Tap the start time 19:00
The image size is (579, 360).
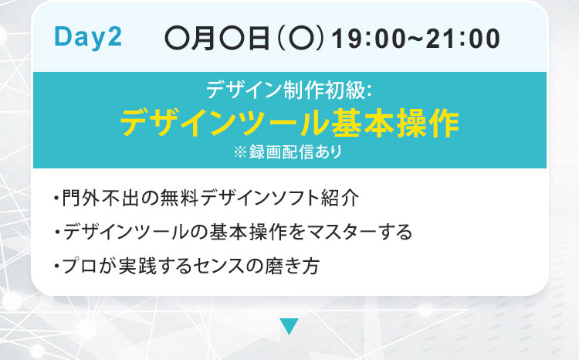(368, 39)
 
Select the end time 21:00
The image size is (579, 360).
(462, 39)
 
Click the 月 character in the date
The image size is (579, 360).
(203, 39)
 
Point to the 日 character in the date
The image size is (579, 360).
(259, 39)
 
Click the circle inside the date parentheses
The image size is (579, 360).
(300, 39)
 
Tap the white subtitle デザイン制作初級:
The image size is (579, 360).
(289, 90)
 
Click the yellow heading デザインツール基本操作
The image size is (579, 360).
(289, 123)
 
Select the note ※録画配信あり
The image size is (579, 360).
(288, 152)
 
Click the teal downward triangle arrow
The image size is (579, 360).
(289, 326)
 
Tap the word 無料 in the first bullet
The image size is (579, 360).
(181, 198)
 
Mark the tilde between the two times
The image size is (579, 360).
(415, 39)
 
